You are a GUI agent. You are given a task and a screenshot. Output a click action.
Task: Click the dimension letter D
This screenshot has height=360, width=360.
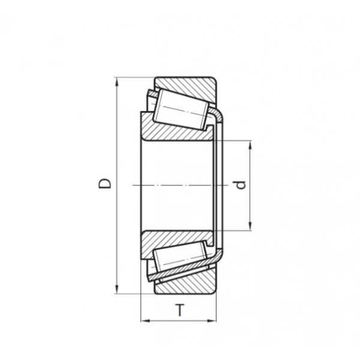pyautogui.click(x=104, y=183)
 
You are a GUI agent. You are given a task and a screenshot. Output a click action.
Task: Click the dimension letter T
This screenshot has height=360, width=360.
pyautogui.click(x=180, y=310)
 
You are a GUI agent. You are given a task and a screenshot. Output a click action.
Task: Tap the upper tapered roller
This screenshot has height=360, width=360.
pyautogui.click(x=181, y=109)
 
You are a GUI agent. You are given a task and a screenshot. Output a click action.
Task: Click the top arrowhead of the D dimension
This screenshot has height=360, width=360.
pyautogui.click(x=117, y=82)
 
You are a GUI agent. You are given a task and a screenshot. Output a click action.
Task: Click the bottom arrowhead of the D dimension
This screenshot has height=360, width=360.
pyautogui.click(x=117, y=289)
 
